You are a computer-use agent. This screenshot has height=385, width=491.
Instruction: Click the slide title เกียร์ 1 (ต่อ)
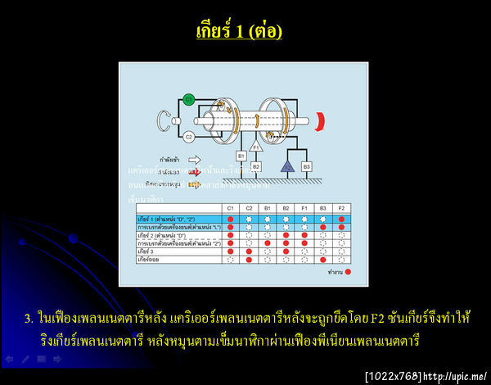[x=239, y=31]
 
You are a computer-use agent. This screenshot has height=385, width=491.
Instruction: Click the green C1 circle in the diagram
[x=188, y=99]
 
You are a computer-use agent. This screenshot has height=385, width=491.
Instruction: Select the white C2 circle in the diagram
[x=188, y=137]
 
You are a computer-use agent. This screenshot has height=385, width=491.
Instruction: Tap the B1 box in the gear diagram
[x=241, y=155]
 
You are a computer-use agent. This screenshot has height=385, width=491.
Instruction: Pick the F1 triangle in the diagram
[x=256, y=147]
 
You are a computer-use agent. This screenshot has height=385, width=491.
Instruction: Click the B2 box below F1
[x=256, y=166]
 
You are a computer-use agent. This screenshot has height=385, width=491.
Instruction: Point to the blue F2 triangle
[x=286, y=166]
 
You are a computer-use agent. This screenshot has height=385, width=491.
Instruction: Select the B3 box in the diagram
[x=307, y=166]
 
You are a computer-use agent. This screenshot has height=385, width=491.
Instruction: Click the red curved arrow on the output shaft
[x=324, y=121]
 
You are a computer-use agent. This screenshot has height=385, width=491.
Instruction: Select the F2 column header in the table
[x=340, y=209]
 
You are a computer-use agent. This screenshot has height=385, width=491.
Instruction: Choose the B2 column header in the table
[x=286, y=209]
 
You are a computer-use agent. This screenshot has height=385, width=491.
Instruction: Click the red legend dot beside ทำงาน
[x=348, y=270]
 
